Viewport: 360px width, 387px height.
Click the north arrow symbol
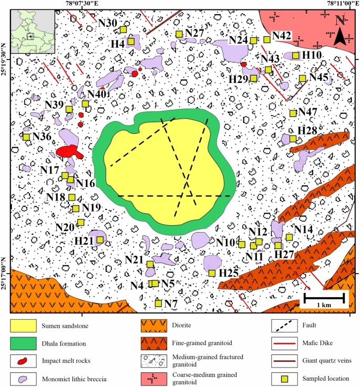click(x=340, y=30)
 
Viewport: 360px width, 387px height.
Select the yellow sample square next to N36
click(x=26, y=137)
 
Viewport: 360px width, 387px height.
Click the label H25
click(x=229, y=273)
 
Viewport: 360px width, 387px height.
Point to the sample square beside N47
click(x=293, y=113)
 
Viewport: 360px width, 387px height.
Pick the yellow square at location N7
click(x=158, y=303)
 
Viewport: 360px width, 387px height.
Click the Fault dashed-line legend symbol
click(x=284, y=327)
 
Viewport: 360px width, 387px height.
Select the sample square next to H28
click(x=293, y=139)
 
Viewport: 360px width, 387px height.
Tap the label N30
click(x=108, y=23)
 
